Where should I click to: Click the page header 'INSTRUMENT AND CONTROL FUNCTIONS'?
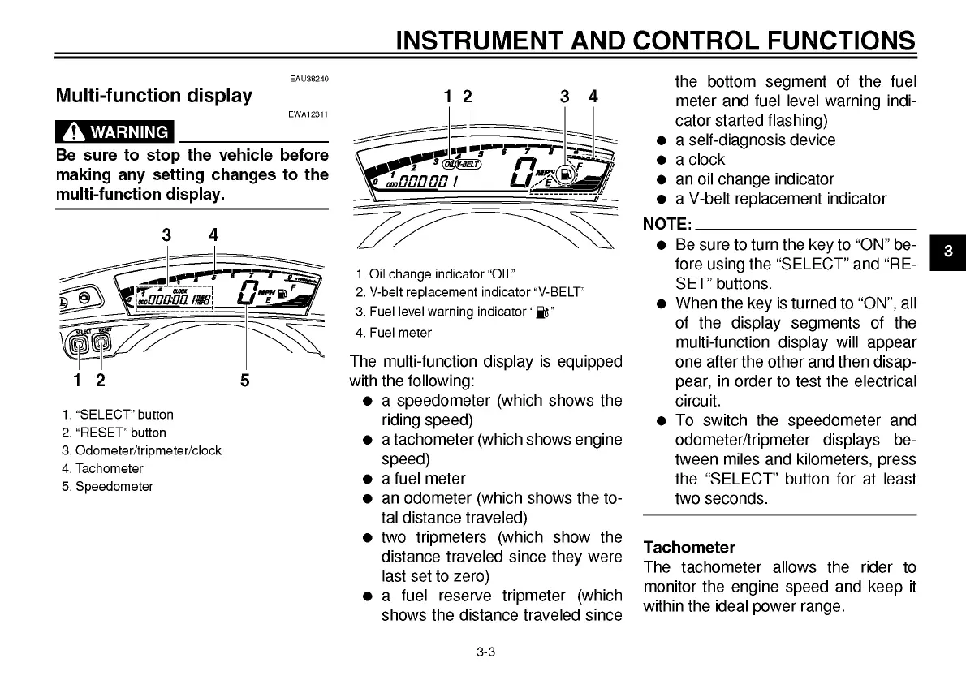pos(655,40)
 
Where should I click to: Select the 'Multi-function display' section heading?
pos(153,96)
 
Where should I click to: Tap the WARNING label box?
pos(114,131)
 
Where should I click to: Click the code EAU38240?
pos(308,78)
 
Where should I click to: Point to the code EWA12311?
pos(308,115)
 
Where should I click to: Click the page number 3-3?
pos(485,652)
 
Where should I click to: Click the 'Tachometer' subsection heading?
pos(688,547)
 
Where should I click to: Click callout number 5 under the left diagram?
pos(244,380)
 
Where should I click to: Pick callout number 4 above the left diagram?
pos(213,235)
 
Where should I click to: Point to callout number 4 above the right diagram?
pos(593,97)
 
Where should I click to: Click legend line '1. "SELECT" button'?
pos(117,415)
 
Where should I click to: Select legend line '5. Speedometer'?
pos(107,487)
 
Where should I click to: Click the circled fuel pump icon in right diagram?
pos(567,171)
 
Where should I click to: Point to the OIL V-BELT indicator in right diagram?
pos(462,164)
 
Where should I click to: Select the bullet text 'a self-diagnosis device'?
pos(755,140)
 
